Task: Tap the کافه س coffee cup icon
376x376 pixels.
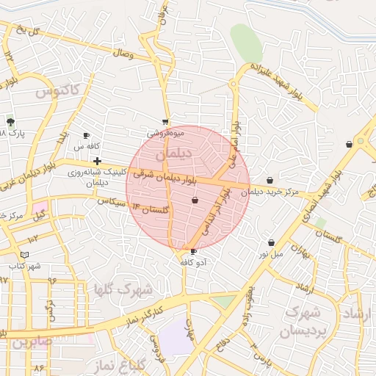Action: click(86, 136)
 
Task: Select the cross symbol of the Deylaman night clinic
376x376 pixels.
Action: click(96, 160)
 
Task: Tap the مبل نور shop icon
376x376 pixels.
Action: click(272, 242)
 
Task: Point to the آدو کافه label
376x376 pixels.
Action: click(193, 262)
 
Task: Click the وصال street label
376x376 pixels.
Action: click(123, 54)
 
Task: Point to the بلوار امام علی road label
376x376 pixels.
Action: click(235, 144)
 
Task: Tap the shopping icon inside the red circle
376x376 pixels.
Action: click(195, 200)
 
